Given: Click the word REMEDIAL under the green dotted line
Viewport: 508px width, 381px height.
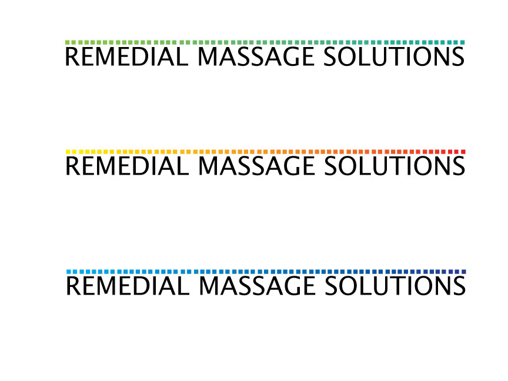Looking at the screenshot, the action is (x=126, y=56).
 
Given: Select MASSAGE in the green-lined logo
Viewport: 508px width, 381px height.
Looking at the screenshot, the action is (x=256, y=56).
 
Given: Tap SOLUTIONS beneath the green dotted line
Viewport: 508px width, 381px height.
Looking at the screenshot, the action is (x=394, y=56).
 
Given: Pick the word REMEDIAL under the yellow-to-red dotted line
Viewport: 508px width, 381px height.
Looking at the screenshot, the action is (x=127, y=166).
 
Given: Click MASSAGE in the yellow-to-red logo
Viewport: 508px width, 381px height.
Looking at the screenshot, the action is (x=256, y=166).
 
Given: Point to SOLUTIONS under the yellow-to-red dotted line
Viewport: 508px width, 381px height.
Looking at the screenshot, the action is (x=395, y=166).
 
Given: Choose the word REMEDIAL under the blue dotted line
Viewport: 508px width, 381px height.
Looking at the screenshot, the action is (x=128, y=286).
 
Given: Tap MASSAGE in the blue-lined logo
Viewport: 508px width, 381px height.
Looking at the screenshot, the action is (x=256, y=286).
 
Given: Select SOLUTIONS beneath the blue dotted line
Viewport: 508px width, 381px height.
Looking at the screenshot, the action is (x=395, y=286).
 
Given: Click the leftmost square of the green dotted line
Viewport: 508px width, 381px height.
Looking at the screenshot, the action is (x=68, y=42).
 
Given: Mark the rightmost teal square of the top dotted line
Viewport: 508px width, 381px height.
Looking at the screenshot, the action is (x=462, y=42).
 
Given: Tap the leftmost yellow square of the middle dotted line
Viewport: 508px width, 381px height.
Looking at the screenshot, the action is (x=68, y=152).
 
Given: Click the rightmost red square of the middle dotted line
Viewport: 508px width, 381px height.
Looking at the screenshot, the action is (x=463, y=152).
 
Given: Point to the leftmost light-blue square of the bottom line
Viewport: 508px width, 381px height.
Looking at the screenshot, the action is (x=68, y=272).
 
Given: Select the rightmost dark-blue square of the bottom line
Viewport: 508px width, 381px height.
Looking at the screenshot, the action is (x=464, y=272).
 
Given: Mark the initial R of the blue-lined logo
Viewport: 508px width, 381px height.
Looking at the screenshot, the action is (x=73, y=286).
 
